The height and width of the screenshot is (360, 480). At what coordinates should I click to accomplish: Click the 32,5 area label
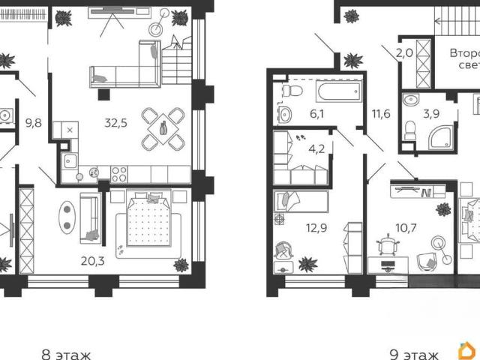115,123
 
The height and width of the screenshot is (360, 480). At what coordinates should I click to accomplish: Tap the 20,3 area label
93,261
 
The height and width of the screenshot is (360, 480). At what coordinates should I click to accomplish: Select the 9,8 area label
33,123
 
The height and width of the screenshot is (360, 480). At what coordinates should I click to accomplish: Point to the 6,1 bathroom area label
316,114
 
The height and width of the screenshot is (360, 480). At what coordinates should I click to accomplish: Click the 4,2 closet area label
316,149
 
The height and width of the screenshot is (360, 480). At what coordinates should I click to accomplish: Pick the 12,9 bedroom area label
316,228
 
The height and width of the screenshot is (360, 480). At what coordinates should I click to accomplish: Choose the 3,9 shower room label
431,114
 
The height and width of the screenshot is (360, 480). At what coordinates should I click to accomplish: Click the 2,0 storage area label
404,53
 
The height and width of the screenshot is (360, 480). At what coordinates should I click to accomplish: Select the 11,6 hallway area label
381,114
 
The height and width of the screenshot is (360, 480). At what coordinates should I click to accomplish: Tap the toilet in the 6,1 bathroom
293,91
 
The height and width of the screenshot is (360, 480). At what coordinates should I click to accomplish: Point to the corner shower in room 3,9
441,137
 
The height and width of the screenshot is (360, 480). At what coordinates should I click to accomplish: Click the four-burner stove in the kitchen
118,175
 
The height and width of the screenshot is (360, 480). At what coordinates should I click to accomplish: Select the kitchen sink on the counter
70,161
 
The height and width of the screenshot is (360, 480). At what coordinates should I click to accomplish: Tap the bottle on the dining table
163,127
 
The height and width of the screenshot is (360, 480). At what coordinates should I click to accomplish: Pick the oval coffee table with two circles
67,217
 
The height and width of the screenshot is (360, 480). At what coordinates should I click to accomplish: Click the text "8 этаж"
66,355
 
